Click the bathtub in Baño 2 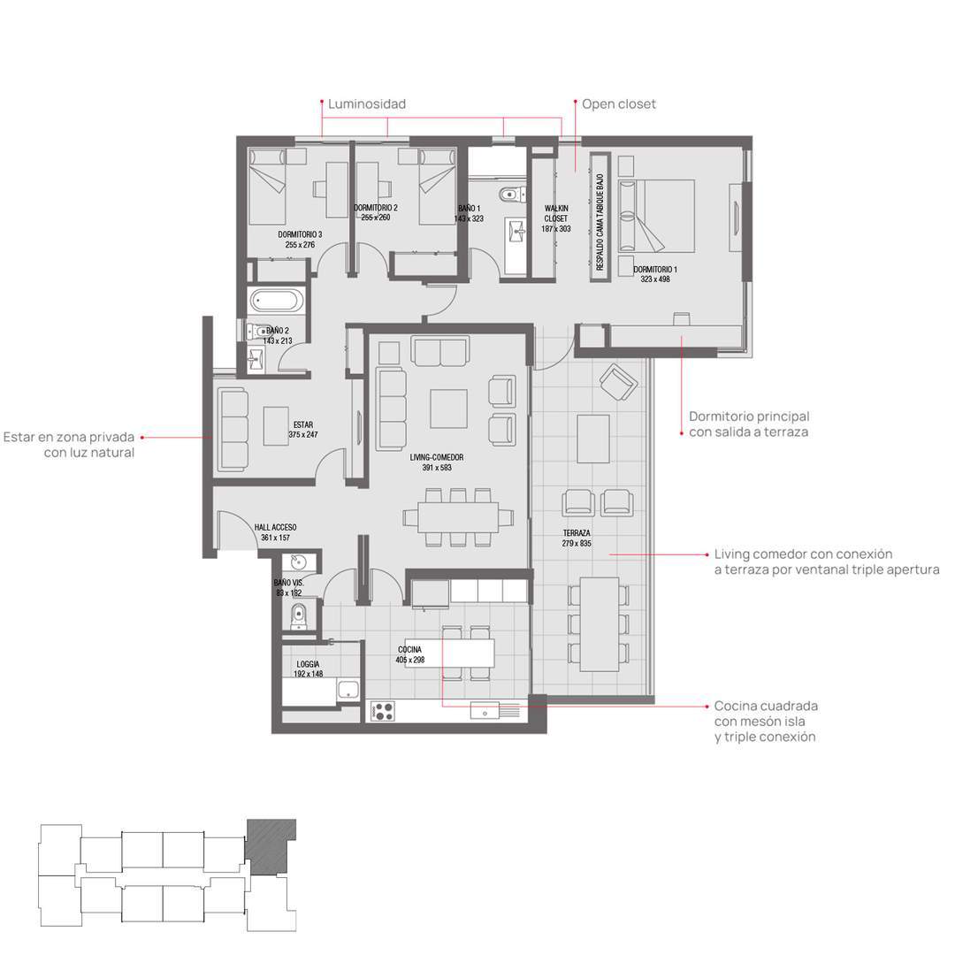click(277, 301)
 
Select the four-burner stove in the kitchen click(383, 711)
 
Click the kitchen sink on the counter click(485, 710)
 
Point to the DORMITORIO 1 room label click(654, 269)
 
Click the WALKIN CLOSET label click(556, 213)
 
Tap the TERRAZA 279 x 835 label click(577, 538)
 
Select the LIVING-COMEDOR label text click(437, 457)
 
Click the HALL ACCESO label click(275, 527)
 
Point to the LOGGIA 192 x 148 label click(309, 668)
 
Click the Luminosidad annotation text click(367, 104)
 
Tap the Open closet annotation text click(619, 104)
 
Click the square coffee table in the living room click(449, 409)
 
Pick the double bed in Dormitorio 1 click(656, 216)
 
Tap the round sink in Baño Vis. click(299, 561)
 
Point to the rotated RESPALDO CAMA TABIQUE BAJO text click(600, 222)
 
